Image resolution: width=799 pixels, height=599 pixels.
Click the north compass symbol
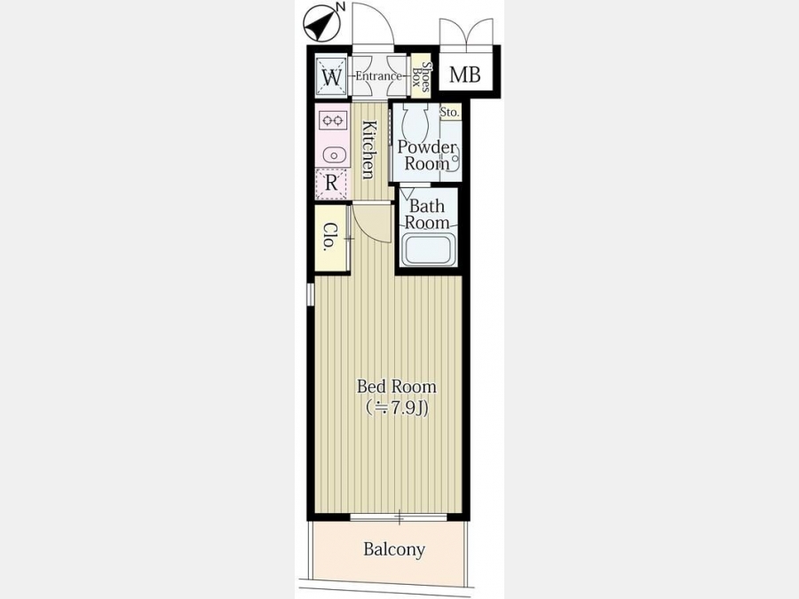(x=323, y=22)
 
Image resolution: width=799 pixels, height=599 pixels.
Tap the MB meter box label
(x=464, y=75)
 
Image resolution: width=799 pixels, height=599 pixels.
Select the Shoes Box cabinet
(x=421, y=75)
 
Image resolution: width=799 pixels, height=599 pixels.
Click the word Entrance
(x=378, y=76)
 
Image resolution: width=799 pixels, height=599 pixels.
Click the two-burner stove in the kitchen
(x=332, y=121)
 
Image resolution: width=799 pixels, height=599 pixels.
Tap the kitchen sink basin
(x=333, y=154)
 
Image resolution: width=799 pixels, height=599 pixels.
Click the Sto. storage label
(x=449, y=112)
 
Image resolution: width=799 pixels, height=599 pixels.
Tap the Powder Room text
(x=426, y=155)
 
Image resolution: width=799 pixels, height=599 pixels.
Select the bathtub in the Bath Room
(x=428, y=249)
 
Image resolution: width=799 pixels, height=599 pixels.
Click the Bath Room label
(x=427, y=215)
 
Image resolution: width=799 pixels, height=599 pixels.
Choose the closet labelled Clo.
(x=332, y=238)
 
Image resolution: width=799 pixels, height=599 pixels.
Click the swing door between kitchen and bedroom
(x=373, y=222)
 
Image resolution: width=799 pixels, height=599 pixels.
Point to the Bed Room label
(x=397, y=387)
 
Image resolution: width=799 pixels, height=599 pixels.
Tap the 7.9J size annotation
(x=397, y=408)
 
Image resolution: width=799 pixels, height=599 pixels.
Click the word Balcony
(x=394, y=549)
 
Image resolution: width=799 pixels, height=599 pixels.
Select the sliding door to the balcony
(x=399, y=517)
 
